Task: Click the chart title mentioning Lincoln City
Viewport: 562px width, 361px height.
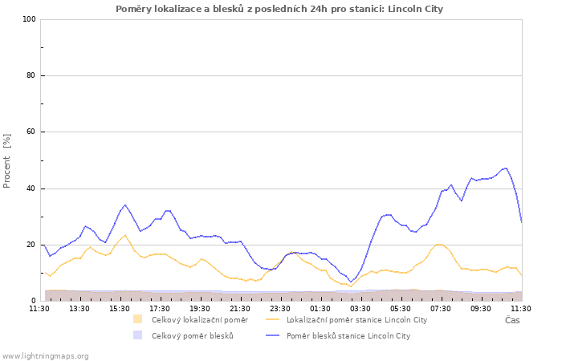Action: click(279, 9)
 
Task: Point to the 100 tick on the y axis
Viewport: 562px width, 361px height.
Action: click(30, 19)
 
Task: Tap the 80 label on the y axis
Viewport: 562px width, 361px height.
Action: click(31, 75)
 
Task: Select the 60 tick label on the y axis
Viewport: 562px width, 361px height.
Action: click(31, 132)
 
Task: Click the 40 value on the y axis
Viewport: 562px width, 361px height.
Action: click(31, 189)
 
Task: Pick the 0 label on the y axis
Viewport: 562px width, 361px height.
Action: click(34, 301)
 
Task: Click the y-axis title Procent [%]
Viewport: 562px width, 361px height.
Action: click(6, 160)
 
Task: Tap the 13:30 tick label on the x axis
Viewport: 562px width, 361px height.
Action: click(79, 309)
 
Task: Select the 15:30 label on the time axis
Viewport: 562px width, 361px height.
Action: click(120, 309)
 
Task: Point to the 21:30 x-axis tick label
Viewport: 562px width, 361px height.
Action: click(240, 309)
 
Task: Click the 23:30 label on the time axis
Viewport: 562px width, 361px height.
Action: click(280, 309)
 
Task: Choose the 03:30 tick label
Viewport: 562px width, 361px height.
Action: click(360, 309)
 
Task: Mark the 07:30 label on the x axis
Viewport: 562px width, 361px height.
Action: click(441, 309)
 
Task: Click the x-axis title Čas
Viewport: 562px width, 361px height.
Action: click(512, 320)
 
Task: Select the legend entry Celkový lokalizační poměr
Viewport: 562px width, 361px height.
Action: click(200, 320)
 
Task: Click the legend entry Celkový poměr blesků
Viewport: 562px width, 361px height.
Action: click(193, 336)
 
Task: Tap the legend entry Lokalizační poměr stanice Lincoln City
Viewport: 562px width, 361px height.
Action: click(357, 320)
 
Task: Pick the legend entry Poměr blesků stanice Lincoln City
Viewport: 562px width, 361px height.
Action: click(348, 336)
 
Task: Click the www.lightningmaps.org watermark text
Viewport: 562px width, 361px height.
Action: click(45, 356)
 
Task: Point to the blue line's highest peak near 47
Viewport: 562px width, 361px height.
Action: click(506, 168)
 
